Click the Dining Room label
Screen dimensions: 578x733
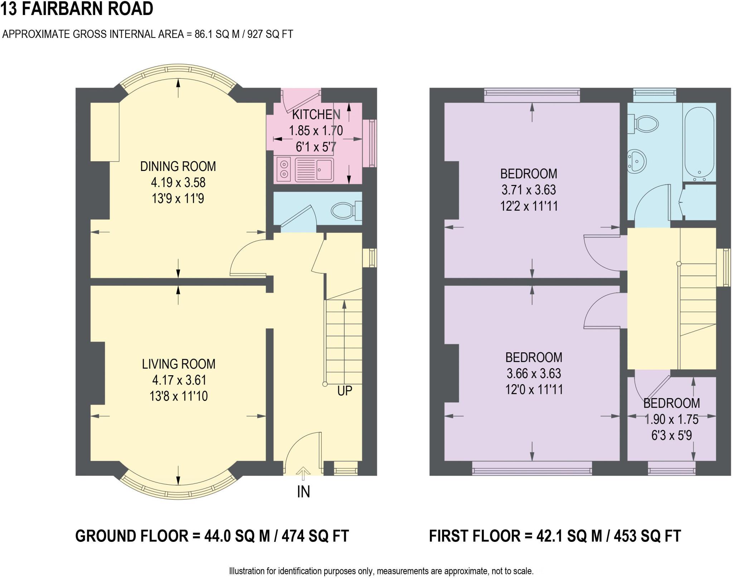pyautogui.click(x=178, y=167)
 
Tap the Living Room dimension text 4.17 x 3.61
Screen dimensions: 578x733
pyautogui.click(x=179, y=380)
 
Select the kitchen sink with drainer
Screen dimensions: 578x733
pyautogui.click(x=314, y=170)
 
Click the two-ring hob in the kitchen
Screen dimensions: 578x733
pyautogui.click(x=284, y=169)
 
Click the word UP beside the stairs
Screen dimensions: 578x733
pyautogui.click(x=345, y=391)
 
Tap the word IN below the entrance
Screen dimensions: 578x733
pyautogui.click(x=303, y=492)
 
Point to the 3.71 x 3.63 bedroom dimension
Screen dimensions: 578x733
pyautogui.click(x=529, y=190)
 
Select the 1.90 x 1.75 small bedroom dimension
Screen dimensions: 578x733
pyautogui.click(x=671, y=419)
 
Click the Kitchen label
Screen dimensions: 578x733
pyautogui.click(x=316, y=115)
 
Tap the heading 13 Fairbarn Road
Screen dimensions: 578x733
pyautogui.click(x=77, y=9)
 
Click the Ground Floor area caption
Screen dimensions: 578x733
pyautogui.click(x=212, y=536)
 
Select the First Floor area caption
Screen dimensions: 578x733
pyautogui.click(x=555, y=536)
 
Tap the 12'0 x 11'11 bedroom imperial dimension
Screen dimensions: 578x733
pyautogui.click(x=534, y=390)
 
